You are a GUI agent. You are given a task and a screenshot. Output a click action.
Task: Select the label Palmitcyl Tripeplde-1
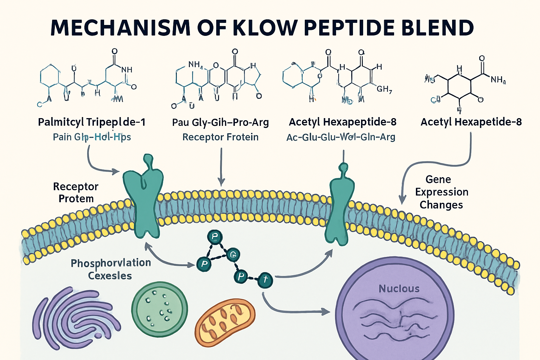[91, 122]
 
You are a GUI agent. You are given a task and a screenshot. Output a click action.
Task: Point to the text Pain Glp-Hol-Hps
[92, 137]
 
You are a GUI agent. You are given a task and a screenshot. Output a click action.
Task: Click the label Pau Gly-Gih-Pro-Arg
[220, 122]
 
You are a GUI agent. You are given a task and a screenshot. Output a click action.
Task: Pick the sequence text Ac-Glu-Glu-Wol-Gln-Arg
[341, 137]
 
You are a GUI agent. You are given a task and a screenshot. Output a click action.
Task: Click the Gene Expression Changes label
[442, 192]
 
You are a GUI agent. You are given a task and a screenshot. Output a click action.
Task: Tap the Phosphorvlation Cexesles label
[111, 269]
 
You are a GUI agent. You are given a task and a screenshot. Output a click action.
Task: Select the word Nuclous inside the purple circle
[399, 289]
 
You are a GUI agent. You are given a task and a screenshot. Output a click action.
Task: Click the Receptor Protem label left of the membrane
[76, 192]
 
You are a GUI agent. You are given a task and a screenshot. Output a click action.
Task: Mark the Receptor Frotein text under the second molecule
[220, 137]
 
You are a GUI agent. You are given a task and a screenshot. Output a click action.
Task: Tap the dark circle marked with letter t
[265, 280]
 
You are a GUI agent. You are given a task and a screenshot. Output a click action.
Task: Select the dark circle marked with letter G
[233, 255]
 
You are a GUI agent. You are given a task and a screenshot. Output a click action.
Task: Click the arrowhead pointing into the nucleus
[326, 311]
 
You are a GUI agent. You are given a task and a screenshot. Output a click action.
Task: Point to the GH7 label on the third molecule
[384, 89]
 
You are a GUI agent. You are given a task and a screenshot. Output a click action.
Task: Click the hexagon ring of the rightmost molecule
[459, 86]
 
